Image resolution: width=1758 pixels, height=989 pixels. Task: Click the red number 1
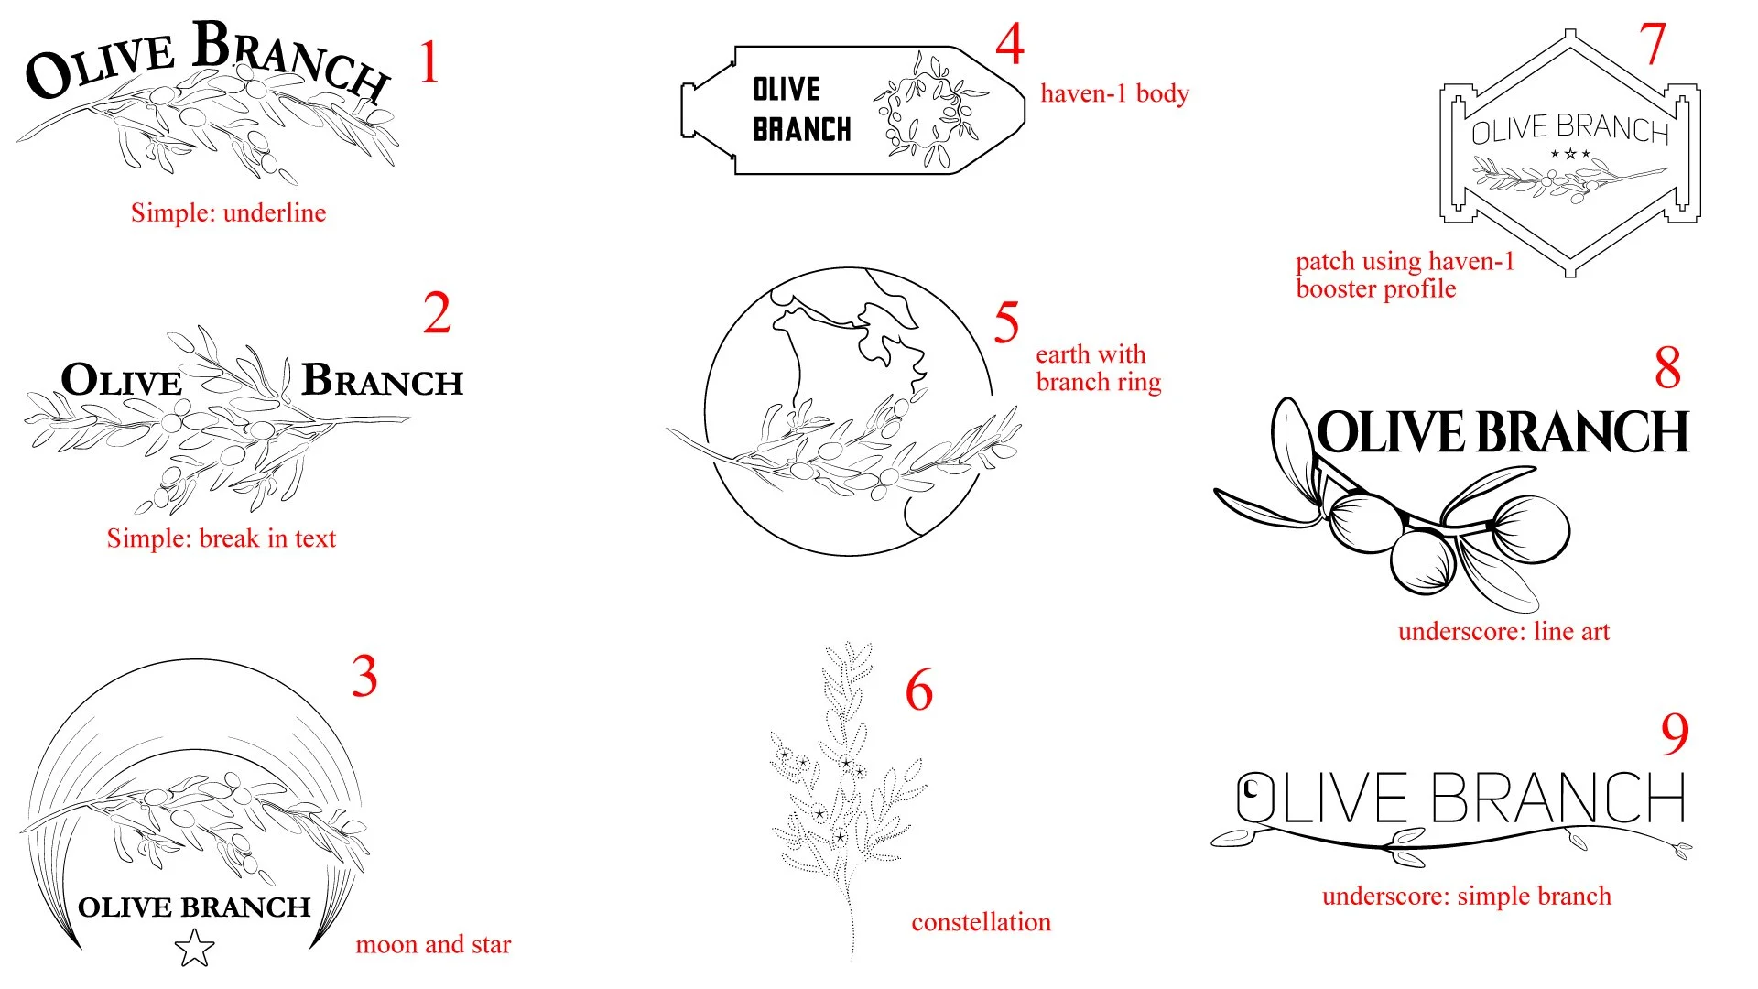(429, 62)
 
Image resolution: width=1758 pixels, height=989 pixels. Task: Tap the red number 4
(1010, 44)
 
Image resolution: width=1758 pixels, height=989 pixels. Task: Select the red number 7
(1653, 44)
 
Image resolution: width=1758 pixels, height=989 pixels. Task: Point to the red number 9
(1675, 734)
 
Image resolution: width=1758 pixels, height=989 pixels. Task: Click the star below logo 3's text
(194, 949)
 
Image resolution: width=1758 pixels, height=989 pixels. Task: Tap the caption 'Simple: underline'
(228, 212)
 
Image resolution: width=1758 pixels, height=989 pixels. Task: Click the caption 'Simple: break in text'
(221, 538)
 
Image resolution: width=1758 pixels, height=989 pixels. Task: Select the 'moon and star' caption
(433, 944)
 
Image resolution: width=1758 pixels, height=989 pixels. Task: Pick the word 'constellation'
(981, 922)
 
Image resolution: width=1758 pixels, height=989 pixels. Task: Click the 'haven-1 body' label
(1114, 93)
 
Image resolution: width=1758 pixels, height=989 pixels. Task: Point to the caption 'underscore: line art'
(1503, 631)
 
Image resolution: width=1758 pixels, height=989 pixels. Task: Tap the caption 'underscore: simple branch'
(1466, 896)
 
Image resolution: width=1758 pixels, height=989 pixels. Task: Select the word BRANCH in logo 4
(801, 130)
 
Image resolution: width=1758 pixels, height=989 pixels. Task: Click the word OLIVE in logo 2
(122, 380)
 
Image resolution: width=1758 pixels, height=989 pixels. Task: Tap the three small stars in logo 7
(1569, 154)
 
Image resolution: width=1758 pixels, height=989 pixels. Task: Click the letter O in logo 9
(1255, 797)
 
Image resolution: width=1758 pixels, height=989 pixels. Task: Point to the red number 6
(918, 690)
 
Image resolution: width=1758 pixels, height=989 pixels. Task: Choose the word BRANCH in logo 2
(383, 380)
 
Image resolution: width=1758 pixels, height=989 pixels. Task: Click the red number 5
(1006, 322)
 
